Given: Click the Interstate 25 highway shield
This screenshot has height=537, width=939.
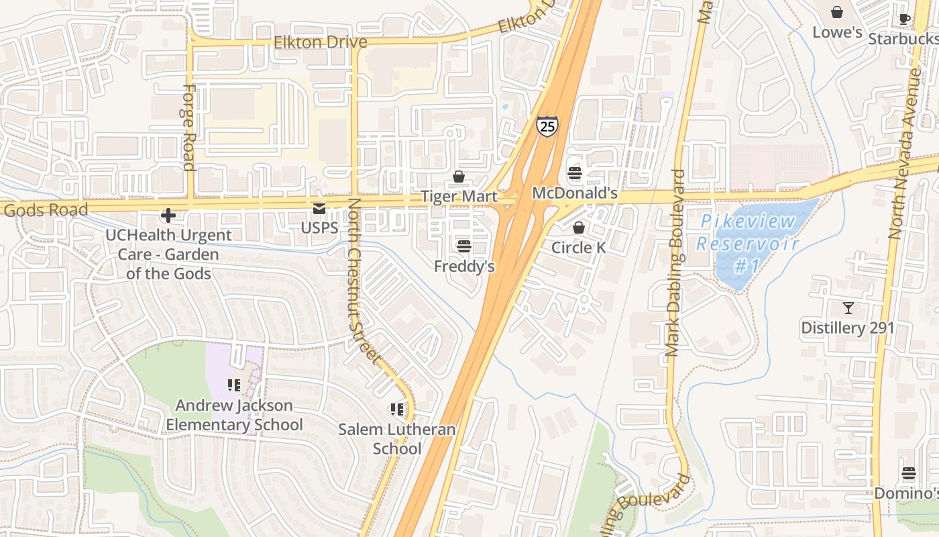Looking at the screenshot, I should tap(547, 126).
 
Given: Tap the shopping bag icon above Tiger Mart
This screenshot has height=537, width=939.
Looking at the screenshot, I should tap(459, 177).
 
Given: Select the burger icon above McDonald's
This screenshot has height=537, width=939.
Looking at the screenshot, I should tap(574, 174).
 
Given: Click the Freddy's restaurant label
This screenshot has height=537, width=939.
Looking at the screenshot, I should tap(464, 266).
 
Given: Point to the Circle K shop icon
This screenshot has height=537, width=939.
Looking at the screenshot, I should tap(578, 228).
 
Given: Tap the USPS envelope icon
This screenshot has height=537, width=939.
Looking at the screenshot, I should tap(319, 209).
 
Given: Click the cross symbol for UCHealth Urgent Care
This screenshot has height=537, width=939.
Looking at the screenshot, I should tap(168, 215).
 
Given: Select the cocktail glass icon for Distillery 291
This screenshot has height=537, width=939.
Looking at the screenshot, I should tap(848, 308).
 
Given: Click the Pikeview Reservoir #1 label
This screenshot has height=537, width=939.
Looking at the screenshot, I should tap(748, 244).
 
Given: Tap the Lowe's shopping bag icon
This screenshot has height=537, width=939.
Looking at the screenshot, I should tap(836, 12).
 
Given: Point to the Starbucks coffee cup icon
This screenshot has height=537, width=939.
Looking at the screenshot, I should tap(904, 19).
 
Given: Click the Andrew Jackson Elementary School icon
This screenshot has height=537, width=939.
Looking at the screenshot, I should tap(234, 385).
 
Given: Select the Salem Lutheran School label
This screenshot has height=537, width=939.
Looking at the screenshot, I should tap(396, 439).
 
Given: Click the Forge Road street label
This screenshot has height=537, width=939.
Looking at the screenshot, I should tap(188, 128).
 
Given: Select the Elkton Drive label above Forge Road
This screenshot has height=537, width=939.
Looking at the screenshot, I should tap(321, 42).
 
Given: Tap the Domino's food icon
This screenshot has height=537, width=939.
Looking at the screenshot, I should tap(908, 474).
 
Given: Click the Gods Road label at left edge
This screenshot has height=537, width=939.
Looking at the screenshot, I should tap(46, 210).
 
